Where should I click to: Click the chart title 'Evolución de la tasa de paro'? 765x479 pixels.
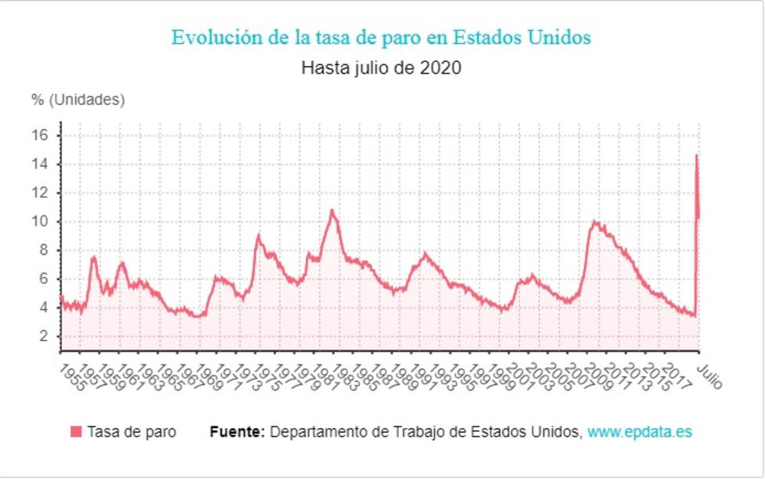[381, 38]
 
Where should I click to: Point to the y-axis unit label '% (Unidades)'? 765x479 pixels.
[78, 100]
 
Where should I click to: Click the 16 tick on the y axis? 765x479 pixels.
[42, 136]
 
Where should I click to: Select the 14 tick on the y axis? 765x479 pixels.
[42, 165]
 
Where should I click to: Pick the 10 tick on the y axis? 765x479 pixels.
[42, 222]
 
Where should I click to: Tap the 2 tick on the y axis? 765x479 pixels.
[44, 336]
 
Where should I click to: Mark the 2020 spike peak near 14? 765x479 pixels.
[696, 155]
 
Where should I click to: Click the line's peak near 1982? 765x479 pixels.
[332, 210]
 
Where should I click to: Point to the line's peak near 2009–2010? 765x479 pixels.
[595, 222]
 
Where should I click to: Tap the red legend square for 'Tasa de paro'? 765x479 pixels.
[76, 432]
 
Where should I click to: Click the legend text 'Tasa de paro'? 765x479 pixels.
[132, 432]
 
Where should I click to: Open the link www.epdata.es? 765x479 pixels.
[640, 432]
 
